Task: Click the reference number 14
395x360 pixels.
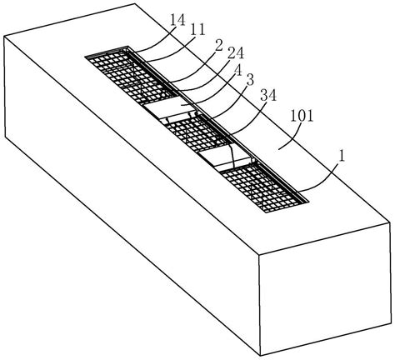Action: point(177,21)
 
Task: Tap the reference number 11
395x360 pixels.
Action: point(197,30)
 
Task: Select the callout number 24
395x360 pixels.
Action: point(236,53)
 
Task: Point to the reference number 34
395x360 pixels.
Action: point(268,96)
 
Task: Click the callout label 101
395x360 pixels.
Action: point(302,116)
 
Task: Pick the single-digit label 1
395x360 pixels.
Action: point(342,157)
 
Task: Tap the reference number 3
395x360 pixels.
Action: point(250,81)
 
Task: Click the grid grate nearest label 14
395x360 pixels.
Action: point(131,75)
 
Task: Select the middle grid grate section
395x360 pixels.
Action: point(197,132)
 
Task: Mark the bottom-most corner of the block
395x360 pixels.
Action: point(260,356)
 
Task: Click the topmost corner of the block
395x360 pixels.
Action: point(135,3)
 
